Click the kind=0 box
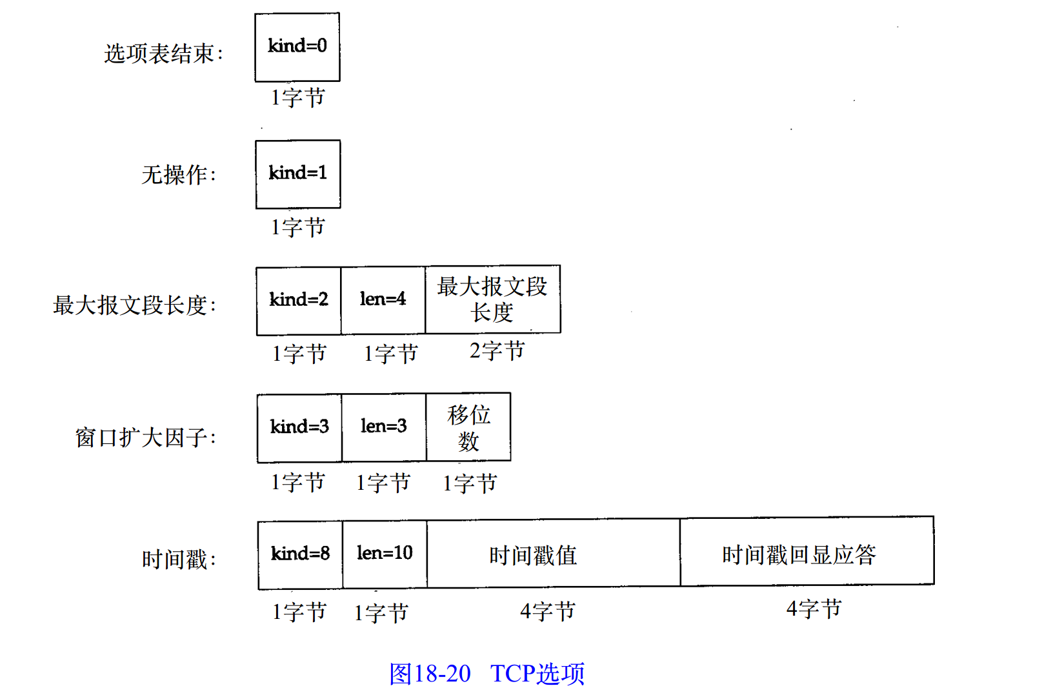pos(297,47)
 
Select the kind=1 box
pos(298,174)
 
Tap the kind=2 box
pos(299,301)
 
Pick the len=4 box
pos(383,301)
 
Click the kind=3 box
pos(299,428)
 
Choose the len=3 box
pos(384,428)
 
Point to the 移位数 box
pos(469,427)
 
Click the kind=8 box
pos(300,554)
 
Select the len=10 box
pos(385,554)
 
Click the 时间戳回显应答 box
pos(807,552)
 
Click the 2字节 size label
pos(497,352)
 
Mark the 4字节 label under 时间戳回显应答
pos(814,609)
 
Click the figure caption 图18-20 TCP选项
pos(486,674)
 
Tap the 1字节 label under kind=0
pos(297,98)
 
